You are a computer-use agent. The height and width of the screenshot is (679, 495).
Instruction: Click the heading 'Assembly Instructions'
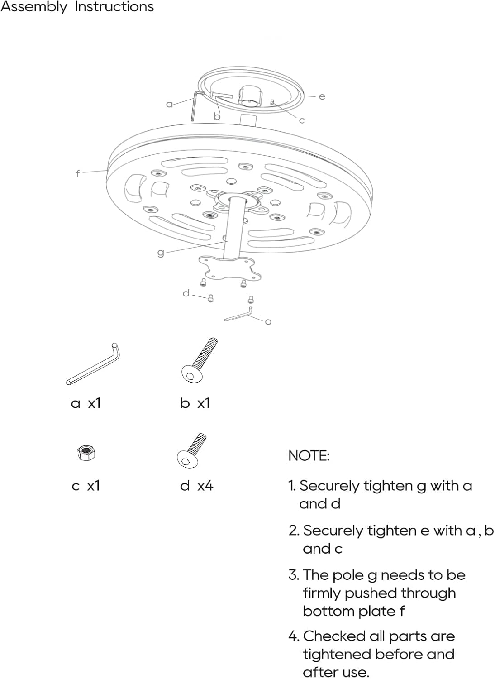click(77, 7)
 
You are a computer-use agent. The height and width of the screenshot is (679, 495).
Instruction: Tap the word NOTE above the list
click(309, 455)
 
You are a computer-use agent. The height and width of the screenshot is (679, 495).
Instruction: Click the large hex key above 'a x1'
click(93, 364)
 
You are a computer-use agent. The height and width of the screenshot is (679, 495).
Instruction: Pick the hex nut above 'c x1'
click(86, 453)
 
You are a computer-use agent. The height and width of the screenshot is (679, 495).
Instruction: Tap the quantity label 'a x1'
click(86, 403)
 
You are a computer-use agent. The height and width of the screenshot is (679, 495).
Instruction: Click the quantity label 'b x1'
click(195, 403)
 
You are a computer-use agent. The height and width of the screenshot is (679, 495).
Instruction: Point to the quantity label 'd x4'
click(196, 486)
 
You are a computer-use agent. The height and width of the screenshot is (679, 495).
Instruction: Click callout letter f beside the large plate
click(78, 173)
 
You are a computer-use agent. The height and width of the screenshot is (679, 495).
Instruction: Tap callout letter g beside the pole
click(161, 253)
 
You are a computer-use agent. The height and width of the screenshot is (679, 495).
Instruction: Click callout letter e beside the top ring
click(322, 96)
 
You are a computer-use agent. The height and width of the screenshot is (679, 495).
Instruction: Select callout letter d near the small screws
click(186, 293)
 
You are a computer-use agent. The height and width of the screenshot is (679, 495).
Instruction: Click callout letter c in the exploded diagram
click(302, 120)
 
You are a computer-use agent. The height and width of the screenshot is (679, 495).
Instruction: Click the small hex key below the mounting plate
click(239, 315)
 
